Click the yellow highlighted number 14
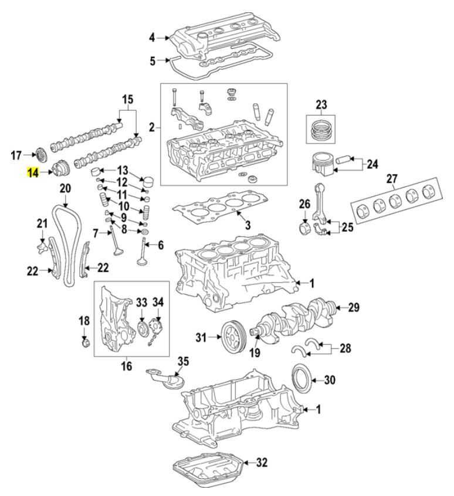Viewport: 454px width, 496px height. click(x=32, y=173)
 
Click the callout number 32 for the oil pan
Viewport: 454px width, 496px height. click(x=262, y=463)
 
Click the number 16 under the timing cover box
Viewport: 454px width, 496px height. click(x=127, y=368)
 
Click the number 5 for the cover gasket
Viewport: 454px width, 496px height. click(x=152, y=60)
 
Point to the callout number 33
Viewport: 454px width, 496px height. click(x=141, y=302)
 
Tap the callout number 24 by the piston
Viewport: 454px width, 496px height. click(x=372, y=164)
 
